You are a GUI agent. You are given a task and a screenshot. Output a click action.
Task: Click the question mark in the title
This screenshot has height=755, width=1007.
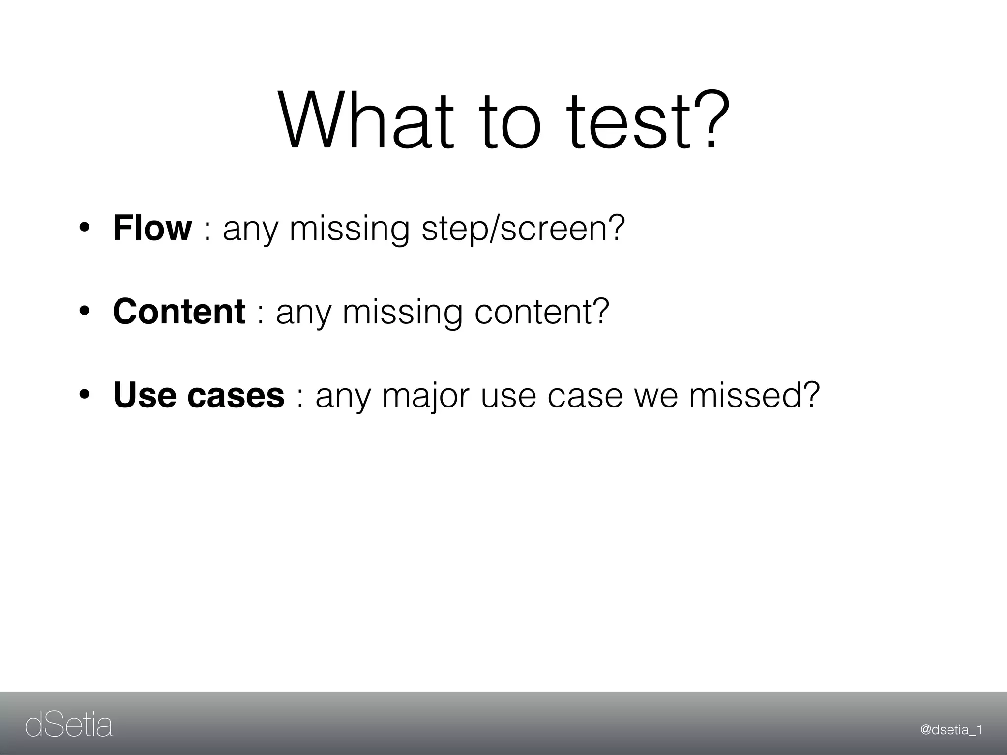(707, 119)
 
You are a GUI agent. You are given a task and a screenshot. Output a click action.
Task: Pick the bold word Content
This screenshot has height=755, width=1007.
(179, 312)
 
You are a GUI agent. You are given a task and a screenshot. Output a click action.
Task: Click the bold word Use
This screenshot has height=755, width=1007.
(144, 395)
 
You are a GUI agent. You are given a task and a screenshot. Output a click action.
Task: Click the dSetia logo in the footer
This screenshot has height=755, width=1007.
(69, 726)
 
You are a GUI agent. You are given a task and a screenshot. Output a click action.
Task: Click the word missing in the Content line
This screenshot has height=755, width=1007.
(402, 313)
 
